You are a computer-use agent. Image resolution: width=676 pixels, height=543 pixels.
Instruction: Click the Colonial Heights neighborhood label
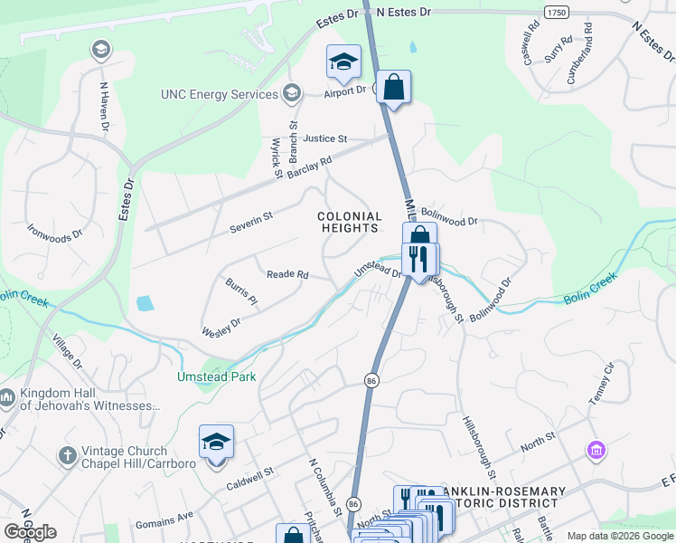point(350,223)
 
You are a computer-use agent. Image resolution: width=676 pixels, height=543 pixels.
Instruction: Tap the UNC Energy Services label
point(219,94)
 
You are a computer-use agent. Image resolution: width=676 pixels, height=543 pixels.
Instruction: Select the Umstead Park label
point(216,376)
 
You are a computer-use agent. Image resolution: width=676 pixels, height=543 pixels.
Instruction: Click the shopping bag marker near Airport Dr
point(394,88)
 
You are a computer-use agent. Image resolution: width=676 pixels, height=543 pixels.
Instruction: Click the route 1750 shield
point(557,11)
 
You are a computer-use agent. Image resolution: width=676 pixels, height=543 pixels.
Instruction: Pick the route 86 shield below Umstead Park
point(371,383)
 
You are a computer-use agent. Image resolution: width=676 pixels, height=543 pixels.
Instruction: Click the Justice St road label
point(325,138)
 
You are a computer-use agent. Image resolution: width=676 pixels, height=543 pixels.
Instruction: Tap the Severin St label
point(250,219)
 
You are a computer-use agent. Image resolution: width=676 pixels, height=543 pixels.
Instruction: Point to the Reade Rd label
point(287,274)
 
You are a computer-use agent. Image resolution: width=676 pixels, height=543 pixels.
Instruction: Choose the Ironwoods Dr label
point(54,232)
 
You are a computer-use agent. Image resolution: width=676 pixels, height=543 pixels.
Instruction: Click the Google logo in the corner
point(30,532)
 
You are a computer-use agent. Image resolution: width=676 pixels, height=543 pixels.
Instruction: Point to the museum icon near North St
point(596,450)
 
